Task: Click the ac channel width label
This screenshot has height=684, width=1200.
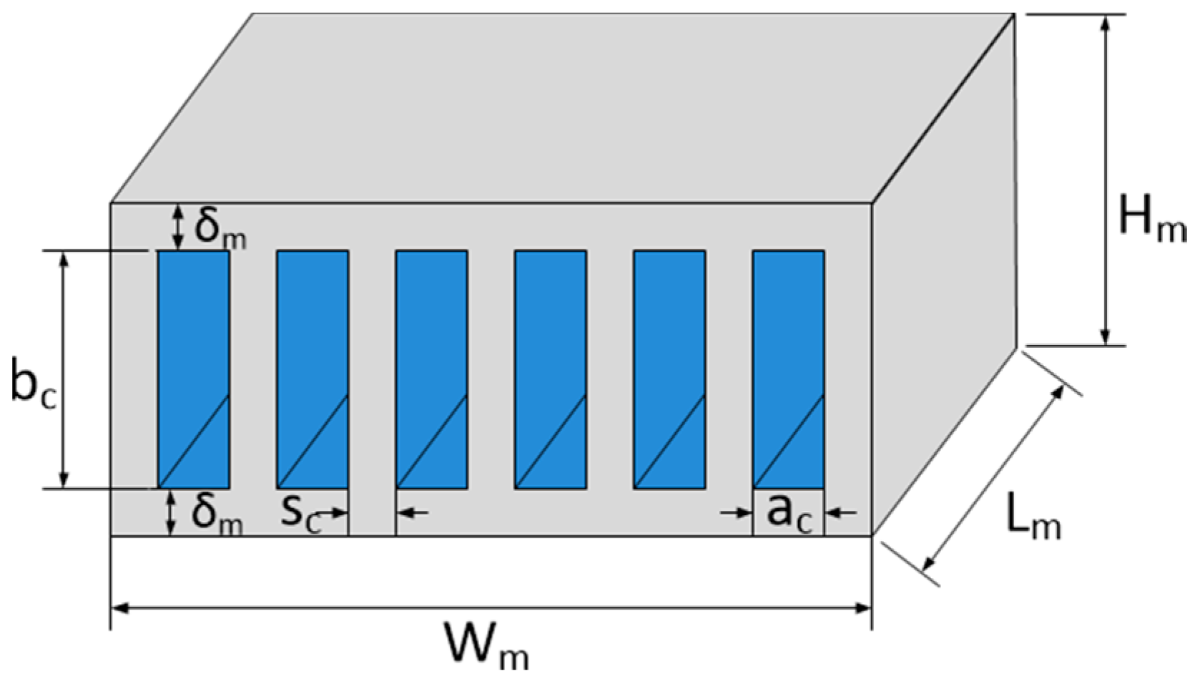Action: (789, 513)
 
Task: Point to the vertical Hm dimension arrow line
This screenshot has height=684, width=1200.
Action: (1106, 179)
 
